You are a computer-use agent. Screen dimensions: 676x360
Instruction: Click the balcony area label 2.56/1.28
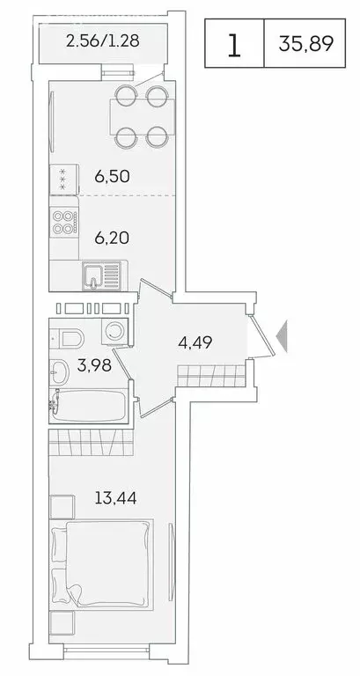tap(103, 40)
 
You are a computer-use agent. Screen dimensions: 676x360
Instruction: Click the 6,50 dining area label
tap(113, 176)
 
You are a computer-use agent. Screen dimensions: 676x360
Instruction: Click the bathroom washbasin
tap(58, 372)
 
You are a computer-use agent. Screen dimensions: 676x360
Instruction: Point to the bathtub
tap(88, 408)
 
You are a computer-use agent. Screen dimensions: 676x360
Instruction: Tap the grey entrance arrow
tap(281, 338)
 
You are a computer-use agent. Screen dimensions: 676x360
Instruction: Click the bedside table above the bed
tap(61, 509)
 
